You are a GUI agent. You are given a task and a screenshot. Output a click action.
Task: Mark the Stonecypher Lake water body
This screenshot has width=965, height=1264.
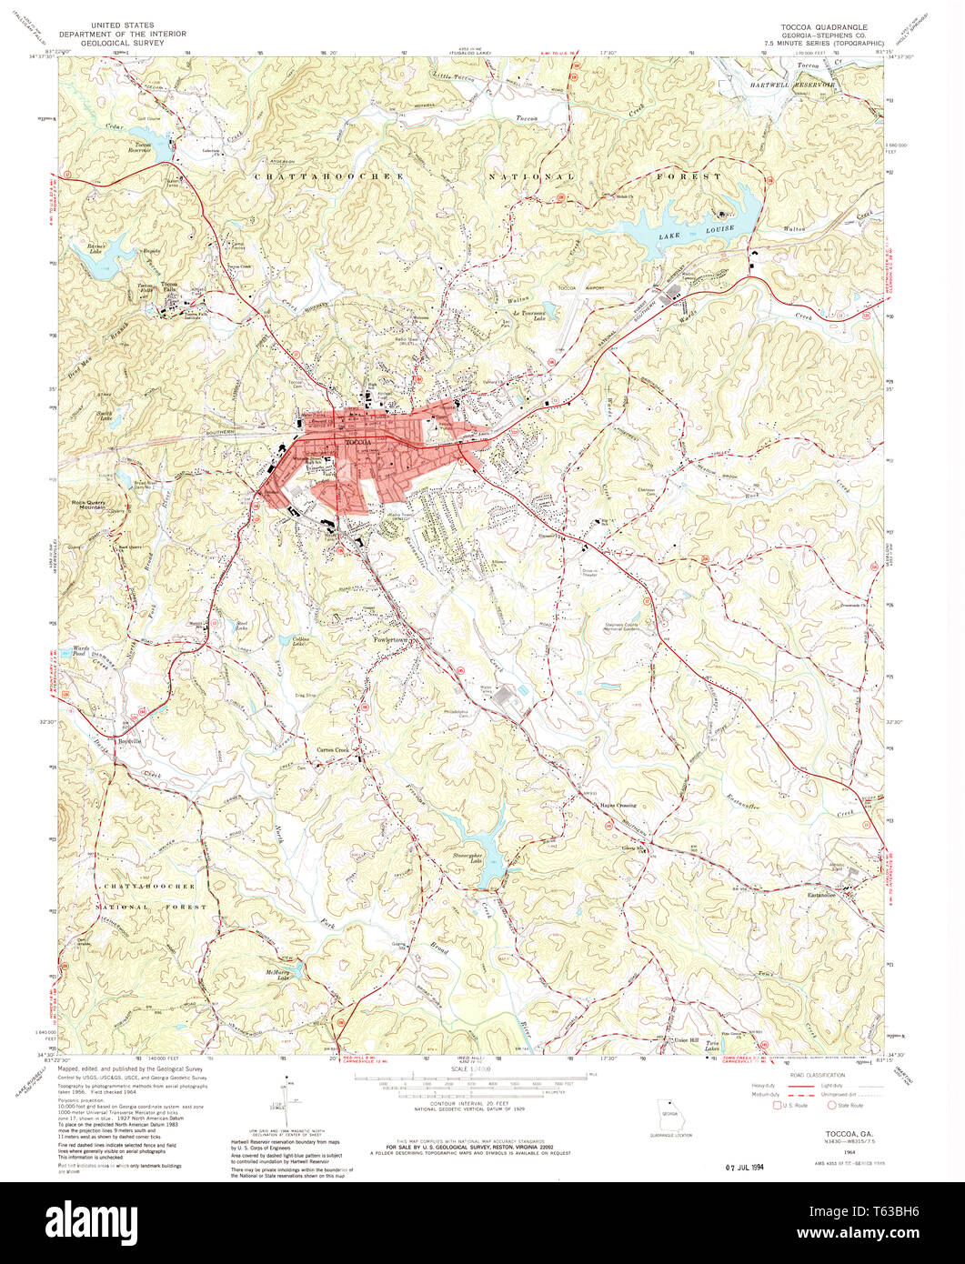486,859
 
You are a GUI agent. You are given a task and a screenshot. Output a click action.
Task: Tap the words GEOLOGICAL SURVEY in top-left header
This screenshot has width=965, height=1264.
123,43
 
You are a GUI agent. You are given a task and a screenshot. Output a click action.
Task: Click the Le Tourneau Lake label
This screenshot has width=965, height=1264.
531,314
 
